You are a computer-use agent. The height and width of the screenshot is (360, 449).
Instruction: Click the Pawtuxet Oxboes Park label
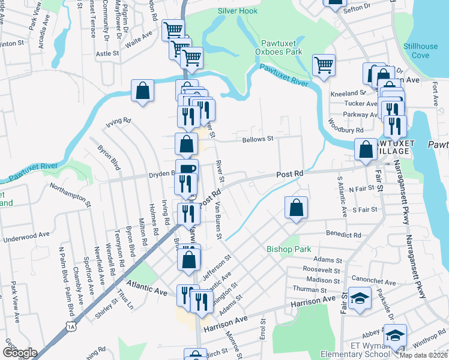click(281, 47)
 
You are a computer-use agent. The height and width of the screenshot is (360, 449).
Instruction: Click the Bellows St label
click(258, 139)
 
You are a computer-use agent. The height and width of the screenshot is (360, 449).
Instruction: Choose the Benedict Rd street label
click(343, 235)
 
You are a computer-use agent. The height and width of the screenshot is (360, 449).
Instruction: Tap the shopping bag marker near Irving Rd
click(143, 92)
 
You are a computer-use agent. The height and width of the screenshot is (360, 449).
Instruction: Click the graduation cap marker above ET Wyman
click(395, 335)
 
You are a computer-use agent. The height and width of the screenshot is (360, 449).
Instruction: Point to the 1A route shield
click(71, 326)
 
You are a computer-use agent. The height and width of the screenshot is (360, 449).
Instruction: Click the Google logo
click(20, 353)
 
